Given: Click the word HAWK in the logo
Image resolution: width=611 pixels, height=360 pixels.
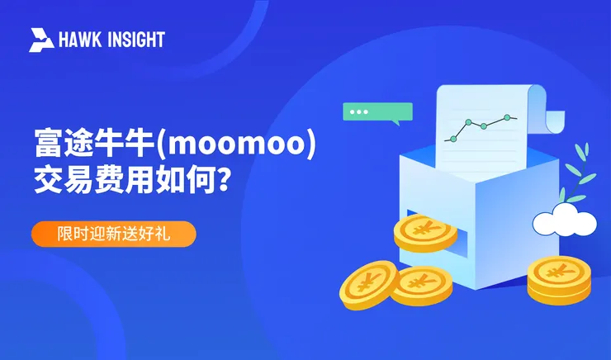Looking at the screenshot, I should point(78,40).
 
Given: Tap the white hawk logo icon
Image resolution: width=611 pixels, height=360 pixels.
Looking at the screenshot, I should point(41,40).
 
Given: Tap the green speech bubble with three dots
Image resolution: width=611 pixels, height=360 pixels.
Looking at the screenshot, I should point(377,112).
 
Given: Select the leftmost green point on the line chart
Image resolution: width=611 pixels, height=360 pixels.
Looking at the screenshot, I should point(468,123).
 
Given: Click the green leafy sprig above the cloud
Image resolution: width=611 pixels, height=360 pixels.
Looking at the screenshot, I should point(583,173).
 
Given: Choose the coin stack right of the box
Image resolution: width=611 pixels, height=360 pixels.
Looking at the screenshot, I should point(559,277).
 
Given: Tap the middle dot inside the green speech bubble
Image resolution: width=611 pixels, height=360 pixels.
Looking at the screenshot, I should point(358,111).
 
